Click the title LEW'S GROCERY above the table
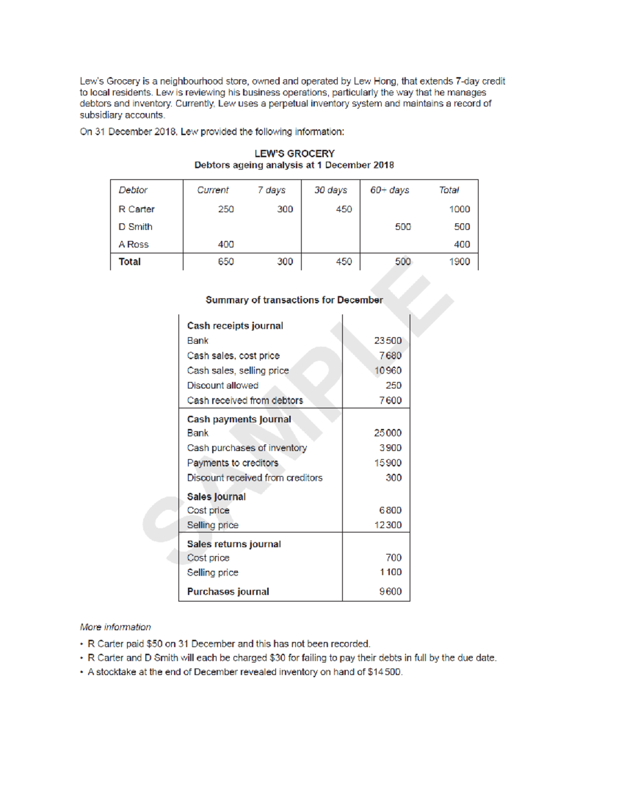(294, 153)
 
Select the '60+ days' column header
(389, 190)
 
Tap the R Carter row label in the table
(136, 209)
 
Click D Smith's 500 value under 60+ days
(402, 227)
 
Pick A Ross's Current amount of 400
(226, 245)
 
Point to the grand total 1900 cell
(459, 262)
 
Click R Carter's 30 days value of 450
(344, 209)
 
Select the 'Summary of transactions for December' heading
(294, 300)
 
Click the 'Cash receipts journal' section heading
(235, 326)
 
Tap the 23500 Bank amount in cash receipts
(387, 341)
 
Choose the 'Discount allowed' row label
(223, 386)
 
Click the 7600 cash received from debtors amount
(390, 401)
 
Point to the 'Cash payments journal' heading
(239, 419)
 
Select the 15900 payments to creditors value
(387, 463)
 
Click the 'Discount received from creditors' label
(255, 478)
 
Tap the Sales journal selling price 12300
(387, 525)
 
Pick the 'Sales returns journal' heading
(233, 544)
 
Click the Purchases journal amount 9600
(390, 592)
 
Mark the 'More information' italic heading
(115, 627)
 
